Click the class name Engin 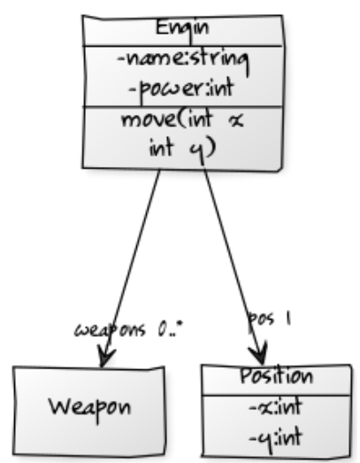coord(181,27)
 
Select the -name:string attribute coord(181,61)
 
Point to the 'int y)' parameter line coord(181,148)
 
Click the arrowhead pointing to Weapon coord(106,358)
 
